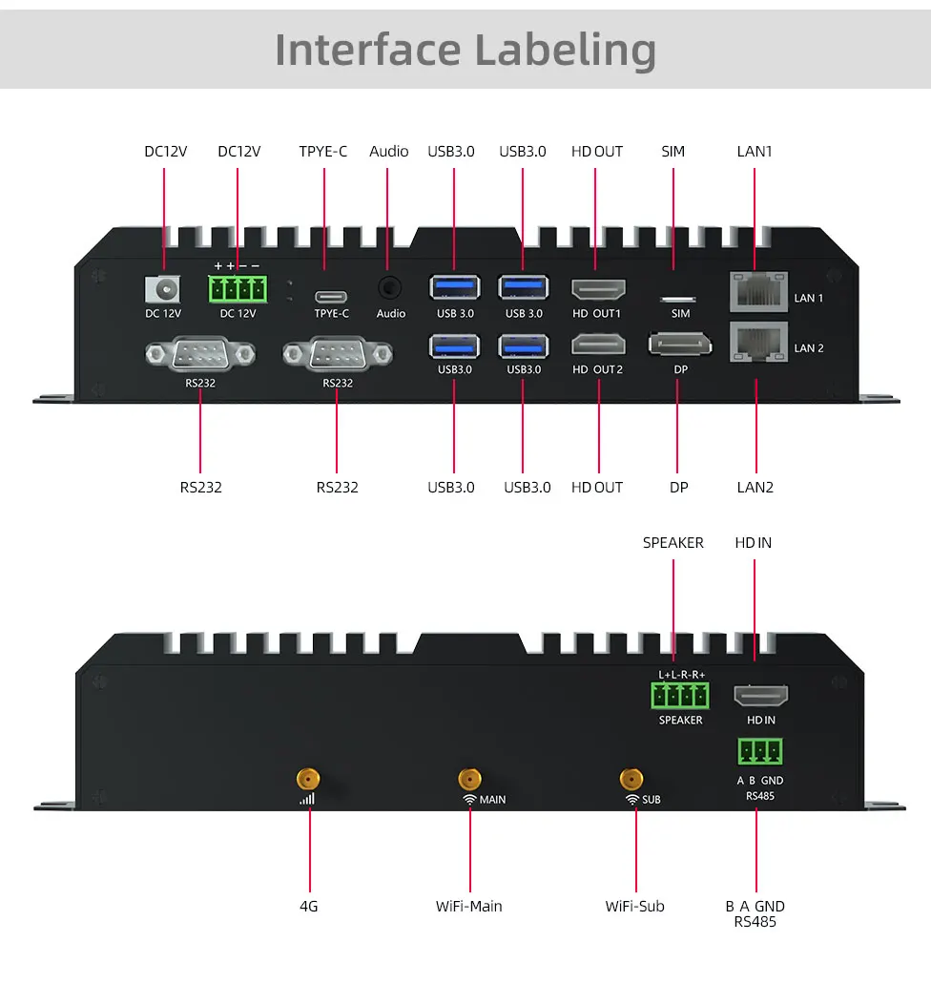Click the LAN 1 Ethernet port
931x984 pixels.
coord(757,290)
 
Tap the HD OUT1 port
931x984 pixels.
coord(598,289)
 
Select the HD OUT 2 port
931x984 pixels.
coord(598,345)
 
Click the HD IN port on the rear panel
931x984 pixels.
coord(760,696)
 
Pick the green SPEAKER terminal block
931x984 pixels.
coord(681,695)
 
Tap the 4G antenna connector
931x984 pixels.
coord(307,779)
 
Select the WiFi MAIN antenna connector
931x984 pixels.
coord(469,779)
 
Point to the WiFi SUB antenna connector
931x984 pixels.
coord(630,779)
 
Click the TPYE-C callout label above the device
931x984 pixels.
coord(323,151)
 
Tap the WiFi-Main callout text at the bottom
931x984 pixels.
coord(468,906)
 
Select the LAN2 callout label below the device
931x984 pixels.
coord(755,487)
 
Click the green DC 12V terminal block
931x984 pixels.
coord(238,289)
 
